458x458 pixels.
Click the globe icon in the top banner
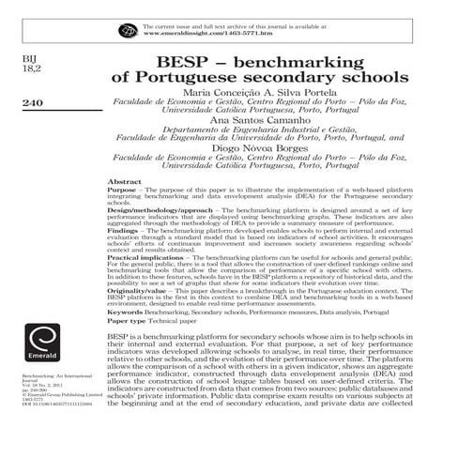128,31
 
